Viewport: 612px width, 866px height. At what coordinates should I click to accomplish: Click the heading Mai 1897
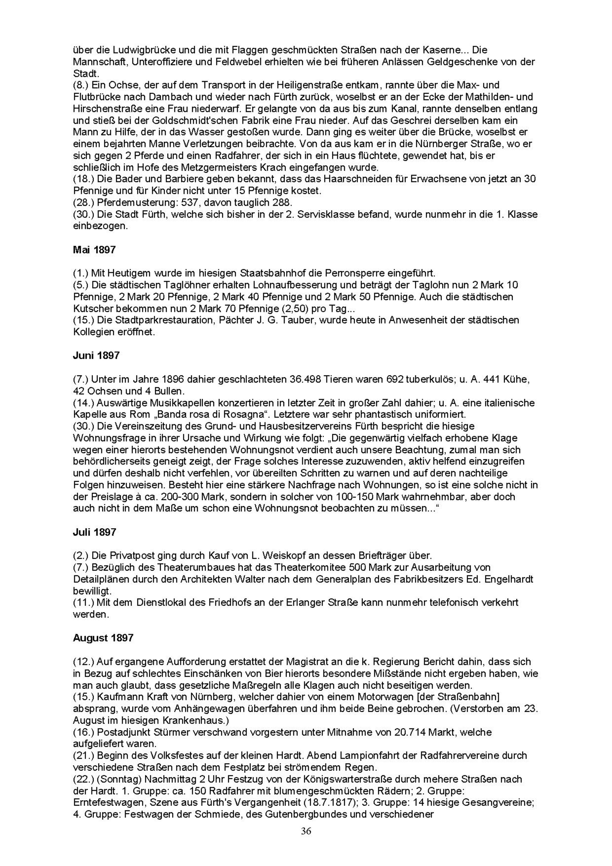(94, 250)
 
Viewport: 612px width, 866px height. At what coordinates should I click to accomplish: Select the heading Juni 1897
(96, 356)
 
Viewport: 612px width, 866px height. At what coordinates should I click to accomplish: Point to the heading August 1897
(103, 638)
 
